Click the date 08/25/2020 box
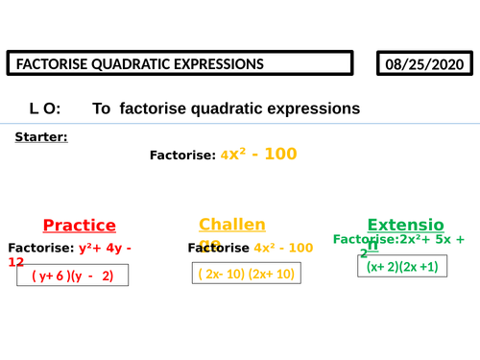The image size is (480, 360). coord(426,63)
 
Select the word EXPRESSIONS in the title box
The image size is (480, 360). coord(213,64)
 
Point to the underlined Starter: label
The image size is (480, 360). coord(41,137)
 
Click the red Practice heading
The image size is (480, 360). coord(79,226)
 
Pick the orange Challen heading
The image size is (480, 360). coord(231,225)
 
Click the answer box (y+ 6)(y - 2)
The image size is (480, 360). coord(72,276)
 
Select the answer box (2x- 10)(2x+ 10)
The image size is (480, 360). coord(246,274)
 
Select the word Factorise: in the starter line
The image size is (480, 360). coord(182,155)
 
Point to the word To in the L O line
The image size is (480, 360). coord(102,109)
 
